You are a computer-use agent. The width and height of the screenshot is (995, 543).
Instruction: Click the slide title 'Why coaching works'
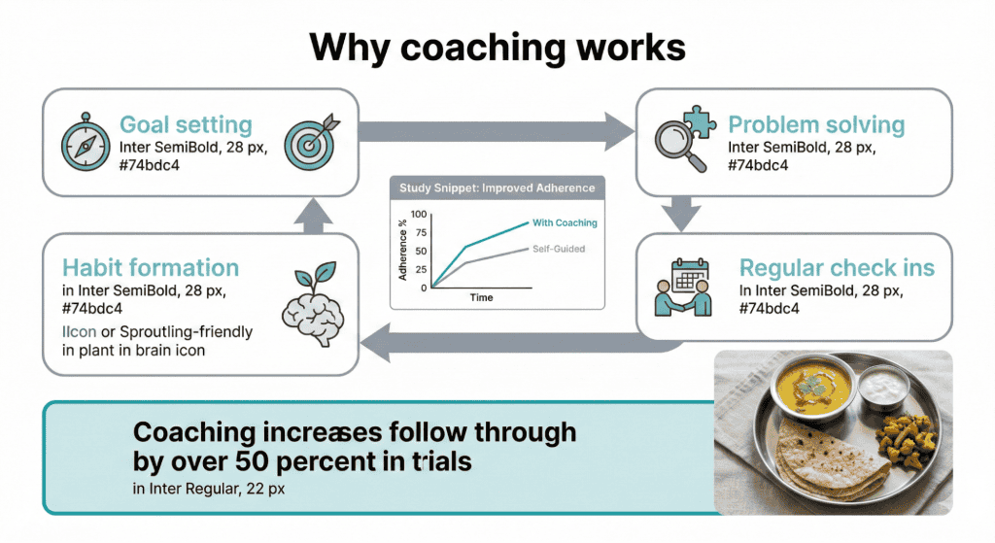497,47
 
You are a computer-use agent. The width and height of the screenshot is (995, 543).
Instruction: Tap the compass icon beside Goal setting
80,142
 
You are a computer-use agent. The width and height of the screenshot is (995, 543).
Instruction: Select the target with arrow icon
312,142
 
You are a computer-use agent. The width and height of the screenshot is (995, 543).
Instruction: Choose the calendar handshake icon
686,283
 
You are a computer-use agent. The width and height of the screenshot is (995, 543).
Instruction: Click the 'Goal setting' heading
186,125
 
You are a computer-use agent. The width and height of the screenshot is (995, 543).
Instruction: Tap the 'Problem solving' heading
816,125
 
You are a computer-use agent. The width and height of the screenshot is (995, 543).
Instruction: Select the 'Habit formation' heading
150,267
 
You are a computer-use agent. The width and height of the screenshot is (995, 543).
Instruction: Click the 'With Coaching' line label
565,222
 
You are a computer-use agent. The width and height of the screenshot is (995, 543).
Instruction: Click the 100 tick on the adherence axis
419,214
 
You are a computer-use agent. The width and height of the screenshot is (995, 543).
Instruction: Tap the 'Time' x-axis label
482,297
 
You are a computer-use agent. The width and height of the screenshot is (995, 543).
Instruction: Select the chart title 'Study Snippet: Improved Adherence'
497,187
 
